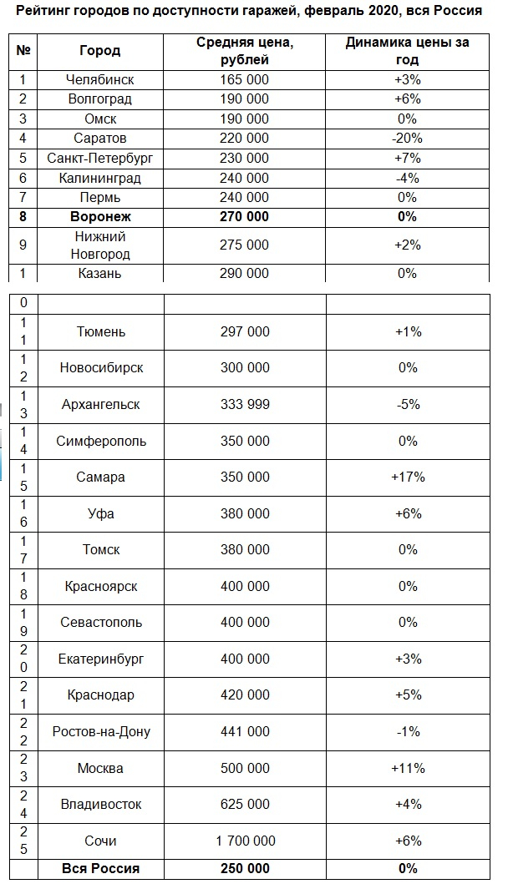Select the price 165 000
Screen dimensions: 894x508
(x=244, y=79)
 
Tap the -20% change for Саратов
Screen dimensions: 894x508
(x=408, y=139)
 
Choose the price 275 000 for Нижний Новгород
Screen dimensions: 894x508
(x=244, y=245)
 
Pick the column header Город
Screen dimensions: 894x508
(x=99, y=51)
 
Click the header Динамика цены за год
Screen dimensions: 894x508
(x=408, y=51)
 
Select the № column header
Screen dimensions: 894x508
(x=23, y=51)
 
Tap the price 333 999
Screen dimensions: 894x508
(x=245, y=405)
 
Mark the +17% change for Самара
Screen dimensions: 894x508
(x=408, y=477)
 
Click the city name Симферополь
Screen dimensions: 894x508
(x=101, y=441)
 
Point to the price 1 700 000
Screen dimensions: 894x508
(x=245, y=841)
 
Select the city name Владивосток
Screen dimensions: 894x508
(x=101, y=805)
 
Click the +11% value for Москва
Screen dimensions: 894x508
(x=408, y=768)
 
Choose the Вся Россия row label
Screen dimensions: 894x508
(x=101, y=869)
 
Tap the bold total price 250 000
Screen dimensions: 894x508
(x=245, y=869)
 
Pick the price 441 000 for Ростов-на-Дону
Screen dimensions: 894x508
(x=245, y=732)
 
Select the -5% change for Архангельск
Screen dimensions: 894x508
(x=408, y=405)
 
